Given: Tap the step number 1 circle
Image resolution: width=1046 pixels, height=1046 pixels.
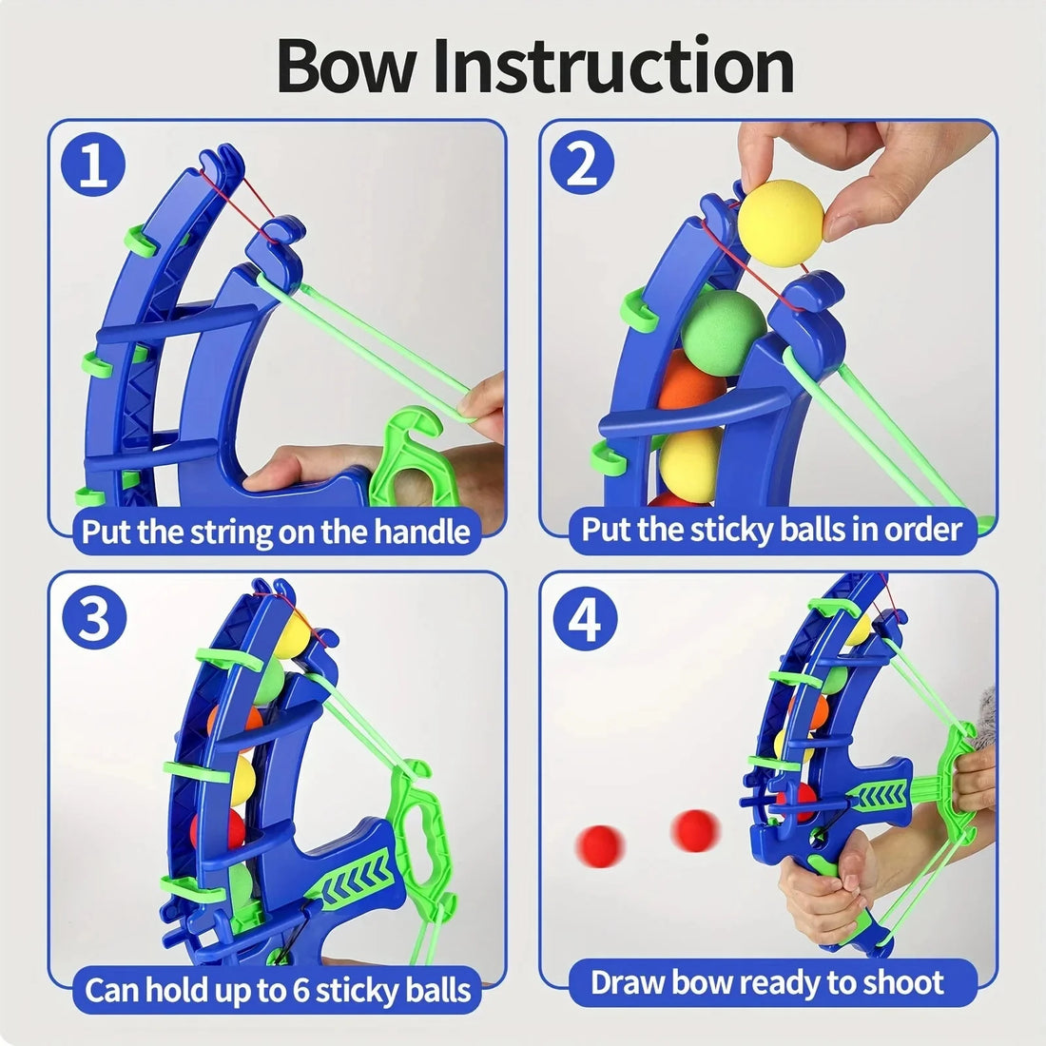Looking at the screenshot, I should pos(93,165).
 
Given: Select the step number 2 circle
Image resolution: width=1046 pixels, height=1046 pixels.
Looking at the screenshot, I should pos(583,165).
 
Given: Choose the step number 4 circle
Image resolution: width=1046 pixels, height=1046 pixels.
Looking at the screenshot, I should pos(585,619).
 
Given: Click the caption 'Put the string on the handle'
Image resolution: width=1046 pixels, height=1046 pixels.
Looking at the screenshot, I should pos(276,531).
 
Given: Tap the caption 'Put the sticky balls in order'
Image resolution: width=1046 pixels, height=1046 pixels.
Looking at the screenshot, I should pos(772,529).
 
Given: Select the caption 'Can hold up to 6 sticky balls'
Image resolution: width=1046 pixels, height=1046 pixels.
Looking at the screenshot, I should pos(278,990).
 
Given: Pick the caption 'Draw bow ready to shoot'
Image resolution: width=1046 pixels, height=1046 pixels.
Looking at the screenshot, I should pos(767,982).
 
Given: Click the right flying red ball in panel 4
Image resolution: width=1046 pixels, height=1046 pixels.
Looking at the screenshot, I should pos(695,829).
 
